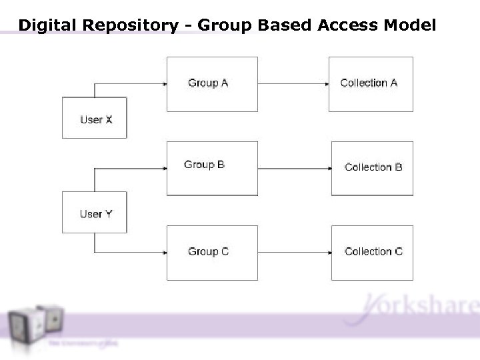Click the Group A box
click(212, 84)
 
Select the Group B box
click(212, 168)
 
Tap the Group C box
click(212, 252)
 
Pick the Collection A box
click(371, 84)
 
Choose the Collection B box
click(372, 168)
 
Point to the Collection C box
click(372, 252)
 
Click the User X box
click(94, 118)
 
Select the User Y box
click(94, 213)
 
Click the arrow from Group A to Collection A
click(293, 84)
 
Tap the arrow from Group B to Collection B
click(294, 168)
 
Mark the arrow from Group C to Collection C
click(294, 253)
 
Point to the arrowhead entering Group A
click(163, 84)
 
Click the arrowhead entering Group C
click(163, 253)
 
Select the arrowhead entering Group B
click(163, 168)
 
